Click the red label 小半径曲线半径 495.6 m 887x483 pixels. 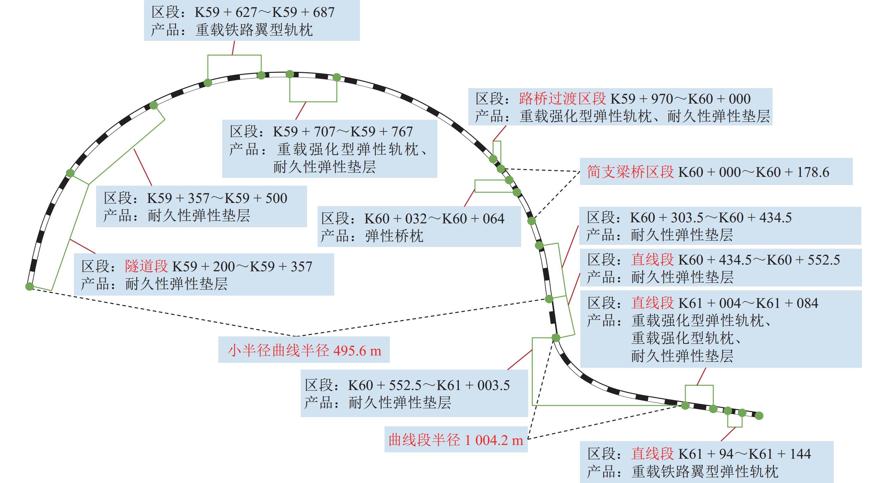click(x=305, y=350)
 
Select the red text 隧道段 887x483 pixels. click(x=146, y=266)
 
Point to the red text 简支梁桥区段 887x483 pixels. click(x=630, y=172)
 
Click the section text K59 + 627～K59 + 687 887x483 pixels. click(x=264, y=12)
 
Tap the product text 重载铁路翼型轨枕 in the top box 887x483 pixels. click(x=254, y=30)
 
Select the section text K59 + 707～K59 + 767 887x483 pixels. click(x=343, y=132)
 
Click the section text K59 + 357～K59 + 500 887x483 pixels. click(x=217, y=198)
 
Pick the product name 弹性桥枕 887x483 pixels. click(x=394, y=236)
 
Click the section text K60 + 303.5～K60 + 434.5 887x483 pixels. click(x=711, y=218)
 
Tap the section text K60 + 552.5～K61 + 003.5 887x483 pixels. click(x=429, y=385)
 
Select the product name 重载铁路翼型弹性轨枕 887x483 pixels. click(x=705, y=471)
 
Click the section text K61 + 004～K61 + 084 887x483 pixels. click(x=748, y=303)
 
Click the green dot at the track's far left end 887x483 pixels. click(x=30, y=286)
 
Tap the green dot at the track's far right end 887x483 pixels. click(x=759, y=416)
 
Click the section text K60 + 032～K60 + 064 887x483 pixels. click(x=434, y=219)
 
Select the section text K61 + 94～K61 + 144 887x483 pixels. click(x=744, y=454)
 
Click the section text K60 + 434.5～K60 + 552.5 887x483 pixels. click(x=759, y=260)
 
